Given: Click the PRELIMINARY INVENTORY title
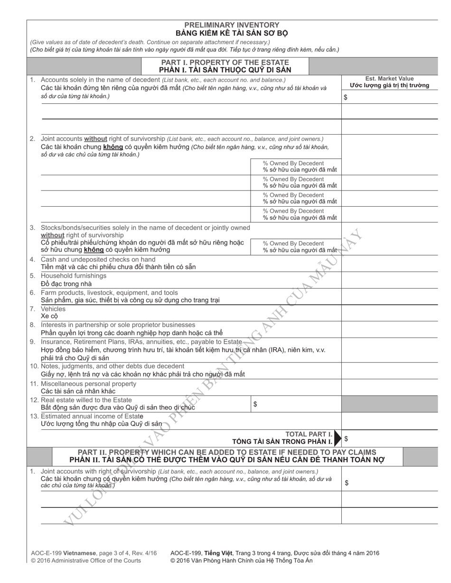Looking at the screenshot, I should click(232, 25).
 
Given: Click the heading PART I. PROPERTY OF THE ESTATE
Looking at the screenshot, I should click(225, 63).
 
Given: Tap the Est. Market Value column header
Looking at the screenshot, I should click(389, 79).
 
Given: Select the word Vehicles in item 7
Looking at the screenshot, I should click(53, 309).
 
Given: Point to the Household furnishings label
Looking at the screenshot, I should click(74, 276).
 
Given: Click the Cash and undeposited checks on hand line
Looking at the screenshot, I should click(98, 259).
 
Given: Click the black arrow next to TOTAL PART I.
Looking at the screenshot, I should click(337, 438).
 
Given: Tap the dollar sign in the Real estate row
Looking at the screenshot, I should click(255, 404).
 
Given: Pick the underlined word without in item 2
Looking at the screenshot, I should click(95, 139).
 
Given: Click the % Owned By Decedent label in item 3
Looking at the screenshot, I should click(293, 243).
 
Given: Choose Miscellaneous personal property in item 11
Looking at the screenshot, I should click(88, 383).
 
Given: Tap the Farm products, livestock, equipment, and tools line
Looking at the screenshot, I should click(109, 292).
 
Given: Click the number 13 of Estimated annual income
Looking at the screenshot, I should click(34, 416).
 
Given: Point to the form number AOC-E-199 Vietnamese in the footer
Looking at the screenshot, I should click(64, 553).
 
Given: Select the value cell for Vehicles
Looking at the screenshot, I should click(389, 312).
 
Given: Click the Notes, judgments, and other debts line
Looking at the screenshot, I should click(113, 366).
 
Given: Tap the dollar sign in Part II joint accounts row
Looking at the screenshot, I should click(347, 483).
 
